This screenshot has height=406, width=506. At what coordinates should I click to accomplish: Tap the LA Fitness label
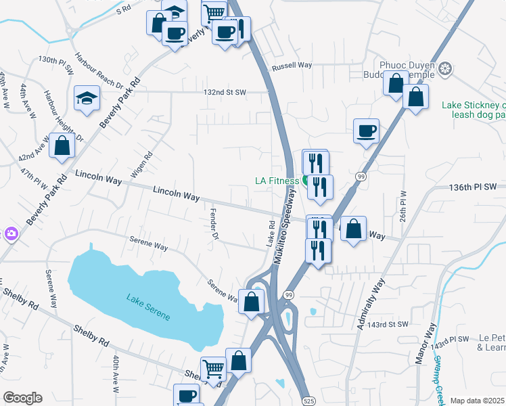pos(276,181)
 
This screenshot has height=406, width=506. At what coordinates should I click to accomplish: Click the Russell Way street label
pos(292,66)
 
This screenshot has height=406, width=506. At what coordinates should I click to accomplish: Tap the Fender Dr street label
pos(214,223)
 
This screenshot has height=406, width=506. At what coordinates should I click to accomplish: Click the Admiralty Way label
pos(369,304)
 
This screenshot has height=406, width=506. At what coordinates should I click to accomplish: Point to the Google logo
pos(22,398)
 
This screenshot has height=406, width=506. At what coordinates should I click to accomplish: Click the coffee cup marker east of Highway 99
pos(366,131)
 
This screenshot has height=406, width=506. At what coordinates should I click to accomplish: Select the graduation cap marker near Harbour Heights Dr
pos(87,99)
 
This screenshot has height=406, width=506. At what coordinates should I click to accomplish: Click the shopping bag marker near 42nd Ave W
pos(62,146)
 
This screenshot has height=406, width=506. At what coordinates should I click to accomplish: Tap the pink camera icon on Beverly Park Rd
pos(10,234)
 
